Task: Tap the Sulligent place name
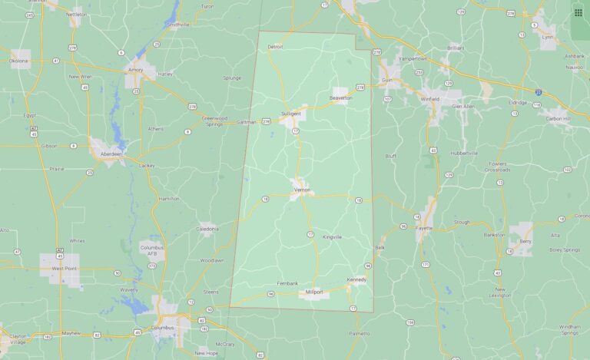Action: pyautogui.click(x=290, y=113)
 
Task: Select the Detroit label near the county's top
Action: pyautogui.click(x=275, y=47)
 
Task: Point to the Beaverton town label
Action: pyautogui.click(x=340, y=98)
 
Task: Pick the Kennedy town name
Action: pyautogui.click(x=356, y=279)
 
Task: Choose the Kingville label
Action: pyautogui.click(x=333, y=236)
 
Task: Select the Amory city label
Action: pyautogui.click(x=136, y=70)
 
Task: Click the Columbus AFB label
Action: pyautogui.click(x=152, y=250)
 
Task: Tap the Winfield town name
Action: pyautogui.click(x=430, y=99)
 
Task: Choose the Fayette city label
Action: pyautogui.click(x=424, y=228)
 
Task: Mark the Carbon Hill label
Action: pyautogui.click(x=557, y=119)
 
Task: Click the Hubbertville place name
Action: pyautogui.click(x=464, y=153)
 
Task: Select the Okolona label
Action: pyautogui.click(x=18, y=60)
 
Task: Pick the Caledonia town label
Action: pyautogui.click(x=207, y=229)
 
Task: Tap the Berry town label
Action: pyautogui.click(x=525, y=241)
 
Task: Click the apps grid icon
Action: pyautogui.click(x=578, y=12)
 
